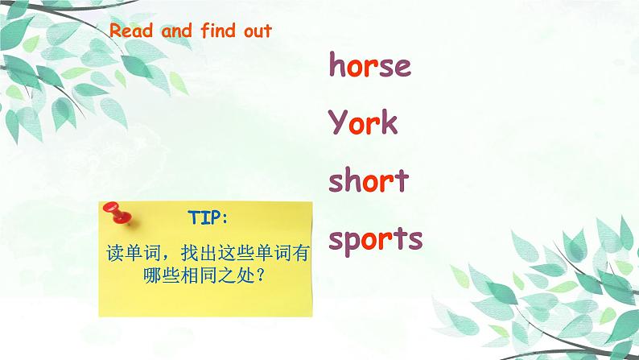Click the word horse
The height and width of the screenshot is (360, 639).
[369, 65]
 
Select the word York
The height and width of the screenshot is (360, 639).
[363, 123]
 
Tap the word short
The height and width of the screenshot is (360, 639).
[369, 181]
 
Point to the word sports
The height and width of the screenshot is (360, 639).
[376, 239]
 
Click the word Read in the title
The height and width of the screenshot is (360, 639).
[126, 31]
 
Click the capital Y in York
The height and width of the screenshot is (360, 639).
[338, 123]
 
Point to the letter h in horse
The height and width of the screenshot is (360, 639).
[336, 64]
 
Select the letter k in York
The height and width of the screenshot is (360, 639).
[388, 123]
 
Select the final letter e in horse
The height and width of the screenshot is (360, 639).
[402, 66]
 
